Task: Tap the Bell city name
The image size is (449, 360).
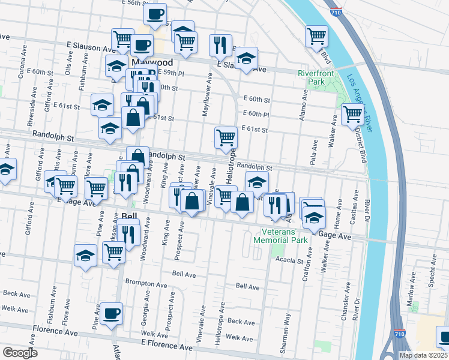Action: click(x=130, y=215)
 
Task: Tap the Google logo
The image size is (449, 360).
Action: click(x=20, y=352)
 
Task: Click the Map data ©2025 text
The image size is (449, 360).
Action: click(x=423, y=355)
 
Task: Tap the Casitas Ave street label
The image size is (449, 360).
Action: click(x=356, y=207)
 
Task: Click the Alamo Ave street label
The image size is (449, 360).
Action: click(x=305, y=104)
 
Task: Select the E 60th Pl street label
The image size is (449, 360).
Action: click(x=256, y=114)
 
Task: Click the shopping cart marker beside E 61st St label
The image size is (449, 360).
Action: click(x=226, y=137)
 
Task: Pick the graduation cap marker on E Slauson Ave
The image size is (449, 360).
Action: click(x=246, y=59)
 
